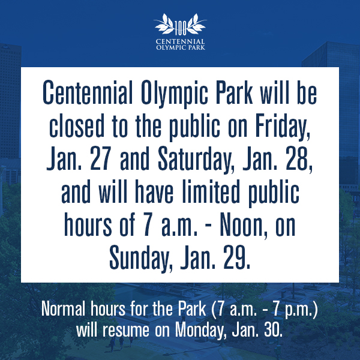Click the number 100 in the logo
coord(181,28)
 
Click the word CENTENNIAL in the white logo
coord(180,41)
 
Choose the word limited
coord(211,192)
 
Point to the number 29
coord(237,257)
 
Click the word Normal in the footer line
coord(64,309)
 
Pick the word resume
coord(126,331)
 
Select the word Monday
coord(199,331)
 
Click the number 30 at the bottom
coord(272,329)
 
